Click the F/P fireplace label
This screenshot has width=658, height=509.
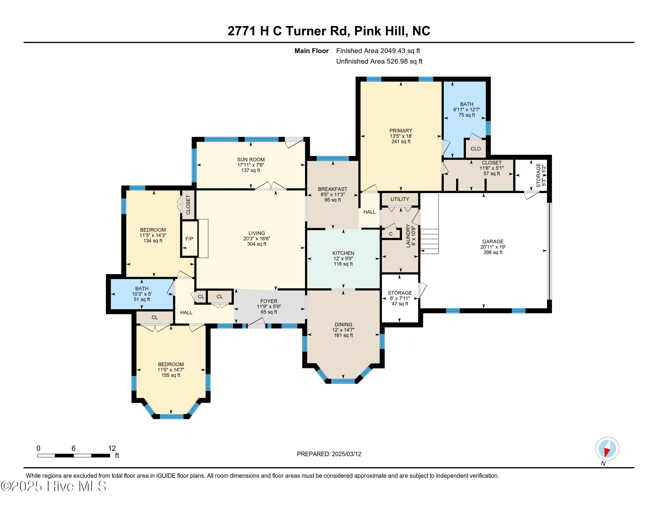[189, 239]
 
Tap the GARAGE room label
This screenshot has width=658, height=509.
[493, 242]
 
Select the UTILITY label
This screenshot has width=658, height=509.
[400, 199]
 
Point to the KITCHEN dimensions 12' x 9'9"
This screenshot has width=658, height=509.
[343, 258]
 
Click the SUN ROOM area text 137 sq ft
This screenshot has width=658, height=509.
[251, 170]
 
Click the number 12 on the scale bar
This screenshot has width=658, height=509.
[112, 449]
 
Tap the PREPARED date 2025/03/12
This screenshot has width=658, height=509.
[346, 454]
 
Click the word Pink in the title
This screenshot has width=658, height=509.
[367, 31]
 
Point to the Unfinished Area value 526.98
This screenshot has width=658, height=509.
[396, 61]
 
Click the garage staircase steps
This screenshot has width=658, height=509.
[429, 241]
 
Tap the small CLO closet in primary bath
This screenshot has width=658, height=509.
[476, 149]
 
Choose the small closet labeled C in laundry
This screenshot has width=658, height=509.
[391, 234]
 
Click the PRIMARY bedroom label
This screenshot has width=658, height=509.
[401, 131]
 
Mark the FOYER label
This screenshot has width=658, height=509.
[269, 301]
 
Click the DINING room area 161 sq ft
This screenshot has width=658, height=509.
[343, 335]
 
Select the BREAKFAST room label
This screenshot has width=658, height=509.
[333, 189]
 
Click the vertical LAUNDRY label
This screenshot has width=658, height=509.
[408, 236]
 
